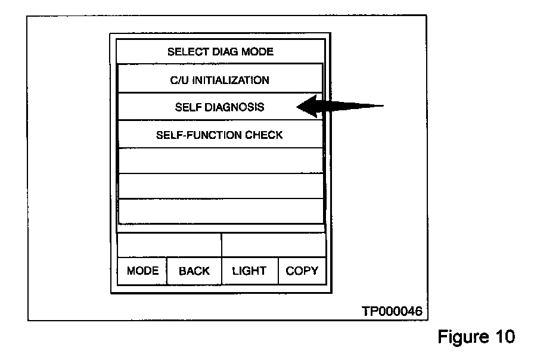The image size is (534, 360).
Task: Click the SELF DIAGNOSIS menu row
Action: pos(219,107)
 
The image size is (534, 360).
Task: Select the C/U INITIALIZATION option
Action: pos(219,80)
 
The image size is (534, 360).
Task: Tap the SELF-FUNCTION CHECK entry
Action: pos(219,135)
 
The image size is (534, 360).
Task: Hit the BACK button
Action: pos(194,271)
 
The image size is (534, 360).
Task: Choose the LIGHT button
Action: pos(250,271)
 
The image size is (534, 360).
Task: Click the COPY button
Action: pos(302,271)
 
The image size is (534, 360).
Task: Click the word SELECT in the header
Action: pos(185,52)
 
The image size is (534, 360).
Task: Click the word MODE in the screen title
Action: pos(256,52)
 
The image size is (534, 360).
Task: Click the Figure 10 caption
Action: pos(476,337)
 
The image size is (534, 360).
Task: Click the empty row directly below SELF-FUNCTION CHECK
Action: pos(219,160)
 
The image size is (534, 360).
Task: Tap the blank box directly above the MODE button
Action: pos(169,245)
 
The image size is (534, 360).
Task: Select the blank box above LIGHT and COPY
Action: pos(274,245)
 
